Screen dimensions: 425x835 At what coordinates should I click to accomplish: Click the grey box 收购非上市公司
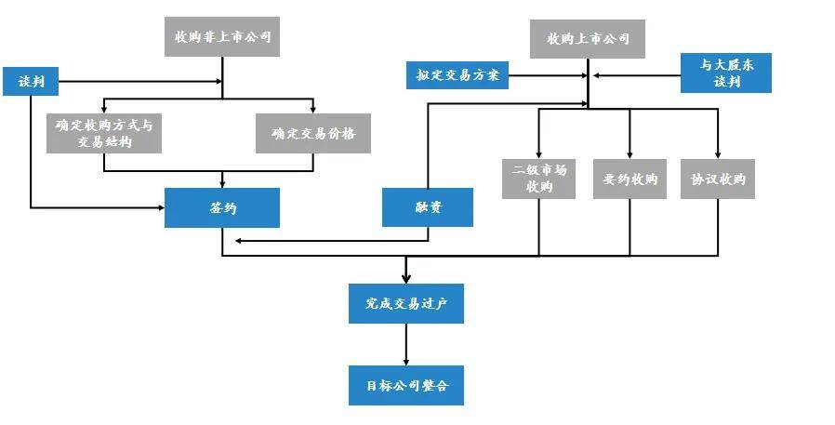point(221,37)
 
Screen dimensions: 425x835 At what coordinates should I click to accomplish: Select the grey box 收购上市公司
point(587,39)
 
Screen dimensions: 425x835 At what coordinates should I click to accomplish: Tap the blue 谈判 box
point(31,82)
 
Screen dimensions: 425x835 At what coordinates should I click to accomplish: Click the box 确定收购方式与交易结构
point(104,133)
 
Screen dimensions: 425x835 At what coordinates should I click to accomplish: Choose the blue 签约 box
point(221,207)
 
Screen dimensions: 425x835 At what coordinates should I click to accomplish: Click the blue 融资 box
point(427,207)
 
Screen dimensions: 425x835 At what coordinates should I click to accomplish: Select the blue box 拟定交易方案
point(457,74)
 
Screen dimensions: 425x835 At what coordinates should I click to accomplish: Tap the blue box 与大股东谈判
point(726,73)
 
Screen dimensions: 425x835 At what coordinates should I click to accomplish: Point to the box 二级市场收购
point(539,179)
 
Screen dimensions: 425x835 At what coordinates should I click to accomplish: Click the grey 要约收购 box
point(630,179)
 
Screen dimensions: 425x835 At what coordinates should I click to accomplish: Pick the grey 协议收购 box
point(717,179)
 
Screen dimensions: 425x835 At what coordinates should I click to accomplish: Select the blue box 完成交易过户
point(406,303)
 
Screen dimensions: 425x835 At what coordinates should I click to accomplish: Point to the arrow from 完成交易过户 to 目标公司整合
point(406,344)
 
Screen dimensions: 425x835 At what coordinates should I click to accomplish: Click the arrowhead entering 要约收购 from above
point(630,154)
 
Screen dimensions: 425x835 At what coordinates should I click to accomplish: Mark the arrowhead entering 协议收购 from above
point(717,154)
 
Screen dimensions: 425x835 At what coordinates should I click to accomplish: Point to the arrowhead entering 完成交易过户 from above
point(406,278)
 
